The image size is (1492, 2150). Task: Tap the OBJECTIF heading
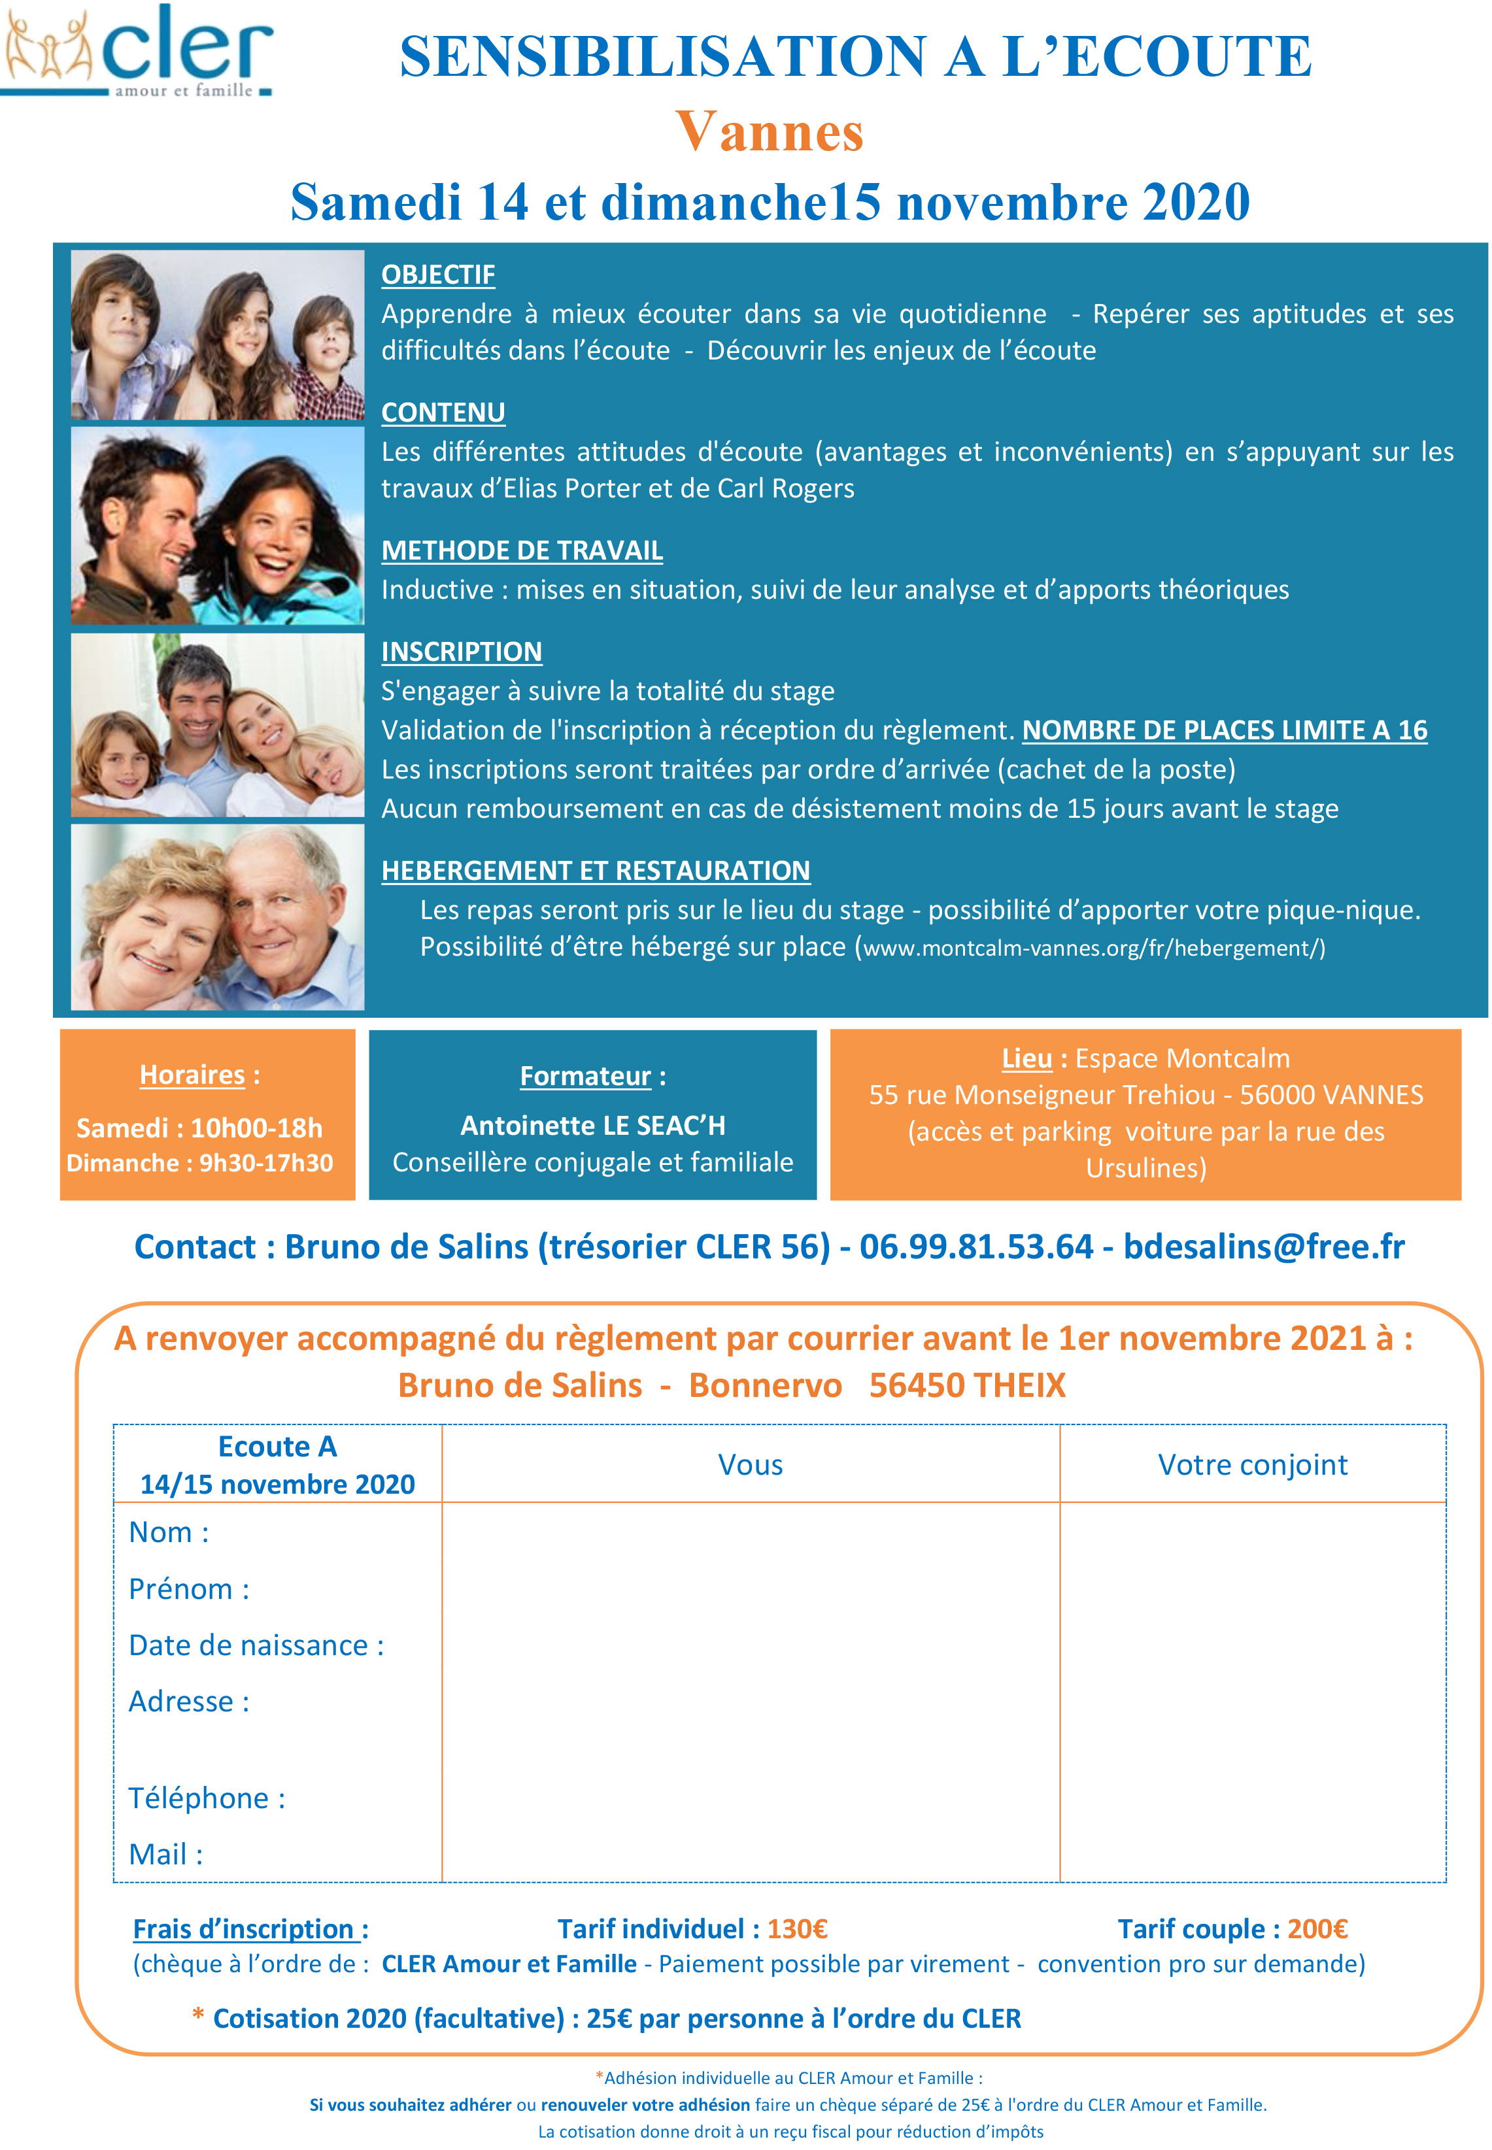(x=437, y=275)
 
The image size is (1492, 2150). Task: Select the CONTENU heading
(x=443, y=412)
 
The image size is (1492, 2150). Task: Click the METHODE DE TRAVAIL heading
(x=522, y=550)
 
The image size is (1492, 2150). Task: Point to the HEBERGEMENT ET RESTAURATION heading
(x=596, y=870)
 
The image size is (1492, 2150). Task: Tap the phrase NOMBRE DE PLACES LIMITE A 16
(x=1225, y=730)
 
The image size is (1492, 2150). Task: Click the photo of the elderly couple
(x=217, y=916)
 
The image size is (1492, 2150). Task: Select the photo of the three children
(x=217, y=335)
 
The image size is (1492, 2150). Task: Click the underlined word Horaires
(x=192, y=1075)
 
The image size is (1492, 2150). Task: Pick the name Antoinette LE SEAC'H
(x=593, y=1125)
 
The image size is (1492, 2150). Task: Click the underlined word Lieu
(x=1026, y=1058)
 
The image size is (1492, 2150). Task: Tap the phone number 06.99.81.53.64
(x=976, y=1247)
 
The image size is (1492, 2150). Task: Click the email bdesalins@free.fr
(x=1264, y=1247)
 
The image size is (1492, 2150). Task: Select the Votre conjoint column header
(x=1253, y=1464)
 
